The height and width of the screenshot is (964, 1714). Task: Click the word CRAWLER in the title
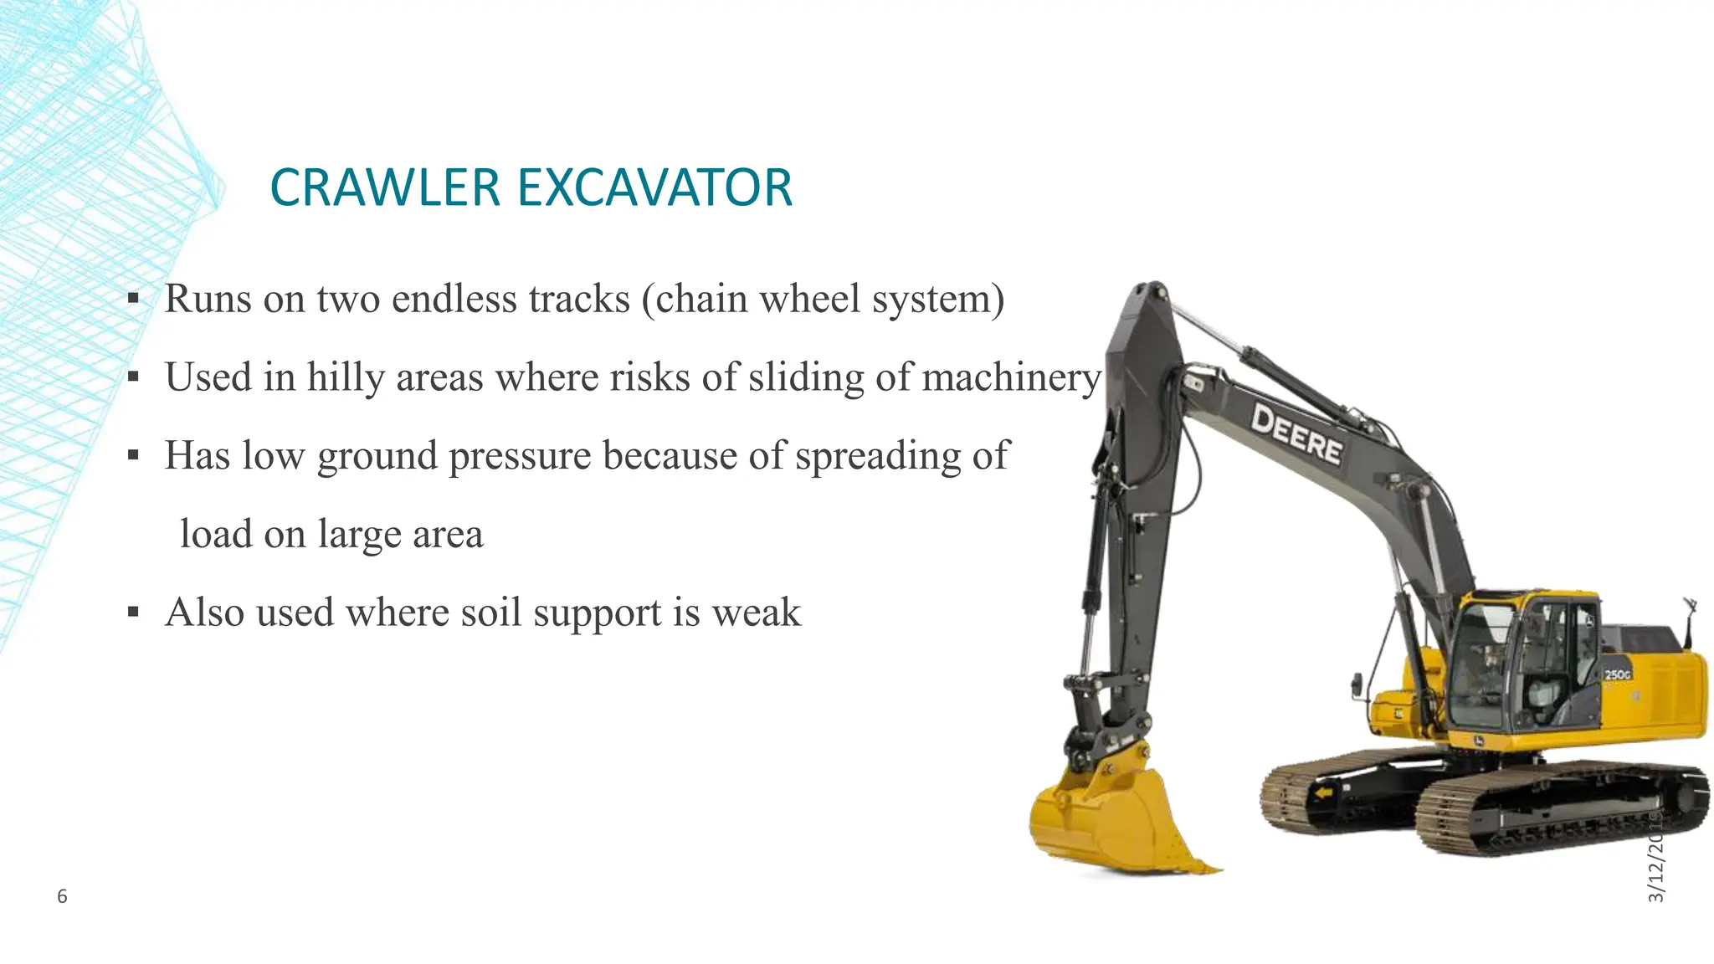click(x=384, y=187)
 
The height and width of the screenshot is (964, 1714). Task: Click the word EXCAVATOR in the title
click(x=654, y=187)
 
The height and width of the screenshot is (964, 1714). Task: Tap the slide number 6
click(x=62, y=897)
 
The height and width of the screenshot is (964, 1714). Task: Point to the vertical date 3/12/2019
click(x=1655, y=854)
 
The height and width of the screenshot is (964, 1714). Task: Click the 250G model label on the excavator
click(x=1617, y=674)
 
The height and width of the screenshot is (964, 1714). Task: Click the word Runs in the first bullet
click(x=208, y=299)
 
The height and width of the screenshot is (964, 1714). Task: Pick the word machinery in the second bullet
click(x=1011, y=377)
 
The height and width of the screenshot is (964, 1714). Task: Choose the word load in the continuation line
click(x=216, y=534)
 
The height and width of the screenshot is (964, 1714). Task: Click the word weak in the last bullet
click(x=757, y=613)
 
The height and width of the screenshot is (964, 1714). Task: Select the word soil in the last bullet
click(x=491, y=613)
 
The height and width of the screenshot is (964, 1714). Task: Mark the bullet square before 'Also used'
click(x=133, y=613)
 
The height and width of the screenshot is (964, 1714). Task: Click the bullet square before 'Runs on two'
click(x=133, y=299)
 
